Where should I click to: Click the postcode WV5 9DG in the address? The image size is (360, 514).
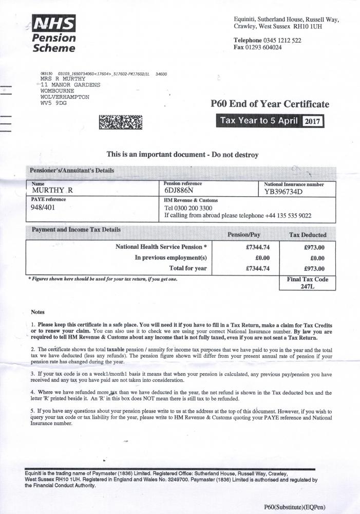click(x=53, y=103)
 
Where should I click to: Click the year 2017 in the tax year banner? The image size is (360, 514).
click(x=313, y=122)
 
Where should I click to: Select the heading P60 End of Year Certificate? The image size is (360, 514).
click(x=270, y=104)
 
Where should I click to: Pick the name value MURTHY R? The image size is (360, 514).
click(x=52, y=190)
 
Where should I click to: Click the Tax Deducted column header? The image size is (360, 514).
click(x=308, y=235)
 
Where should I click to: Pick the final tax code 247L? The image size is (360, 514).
click(x=307, y=287)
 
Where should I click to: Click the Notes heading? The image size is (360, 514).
click(x=38, y=312)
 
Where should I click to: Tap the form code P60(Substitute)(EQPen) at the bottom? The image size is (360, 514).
click(x=295, y=507)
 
